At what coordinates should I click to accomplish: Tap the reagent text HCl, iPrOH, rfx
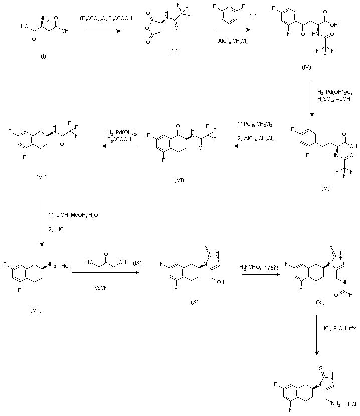(338, 329)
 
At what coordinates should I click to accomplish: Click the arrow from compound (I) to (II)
(103, 31)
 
